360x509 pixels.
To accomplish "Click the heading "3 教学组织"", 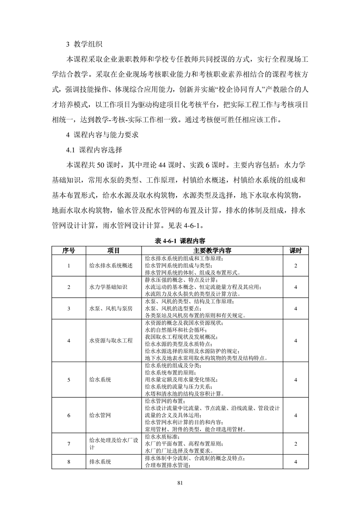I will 84,44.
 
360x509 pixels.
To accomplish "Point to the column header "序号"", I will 69,250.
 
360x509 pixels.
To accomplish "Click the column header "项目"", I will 113,250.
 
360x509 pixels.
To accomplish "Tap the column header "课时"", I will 296,250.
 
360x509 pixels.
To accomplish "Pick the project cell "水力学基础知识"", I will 108,287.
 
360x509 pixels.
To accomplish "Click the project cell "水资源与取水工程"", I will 111,340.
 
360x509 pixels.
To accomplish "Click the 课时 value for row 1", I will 296,265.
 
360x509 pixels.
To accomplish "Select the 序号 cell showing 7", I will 69,444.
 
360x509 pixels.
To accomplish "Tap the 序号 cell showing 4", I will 69,340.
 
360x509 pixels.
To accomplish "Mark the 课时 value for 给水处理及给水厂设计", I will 296,444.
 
